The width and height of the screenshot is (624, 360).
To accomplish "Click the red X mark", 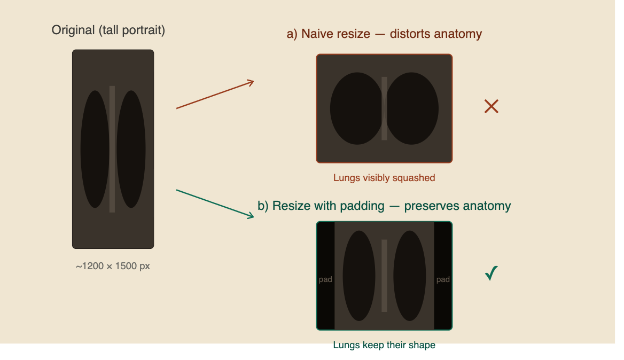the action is [x=492, y=106].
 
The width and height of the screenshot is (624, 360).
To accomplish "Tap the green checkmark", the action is [x=492, y=273].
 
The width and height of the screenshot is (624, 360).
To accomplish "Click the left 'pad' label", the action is [x=325, y=279].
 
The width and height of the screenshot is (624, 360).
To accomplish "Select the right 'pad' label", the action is [x=443, y=279].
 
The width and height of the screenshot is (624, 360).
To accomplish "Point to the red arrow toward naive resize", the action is [x=215, y=95].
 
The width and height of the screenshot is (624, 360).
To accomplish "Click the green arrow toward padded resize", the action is [x=215, y=204].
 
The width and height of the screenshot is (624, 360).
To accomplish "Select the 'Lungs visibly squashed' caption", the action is [x=384, y=178].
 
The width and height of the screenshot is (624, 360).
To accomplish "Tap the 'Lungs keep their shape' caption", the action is [x=384, y=345].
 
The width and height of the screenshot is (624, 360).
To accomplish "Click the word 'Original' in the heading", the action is [x=73, y=30].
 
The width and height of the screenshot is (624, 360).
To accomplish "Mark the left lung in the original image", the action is [x=95, y=149].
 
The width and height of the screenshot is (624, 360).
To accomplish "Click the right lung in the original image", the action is [x=131, y=149].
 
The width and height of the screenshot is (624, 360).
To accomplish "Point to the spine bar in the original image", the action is [x=112, y=149].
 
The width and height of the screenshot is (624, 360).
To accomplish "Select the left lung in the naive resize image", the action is [x=357, y=108].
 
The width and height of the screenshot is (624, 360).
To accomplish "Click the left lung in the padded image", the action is [x=359, y=276].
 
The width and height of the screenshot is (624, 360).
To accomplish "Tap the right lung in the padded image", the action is [x=409, y=276].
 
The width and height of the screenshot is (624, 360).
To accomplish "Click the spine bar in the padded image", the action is [x=385, y=276].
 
